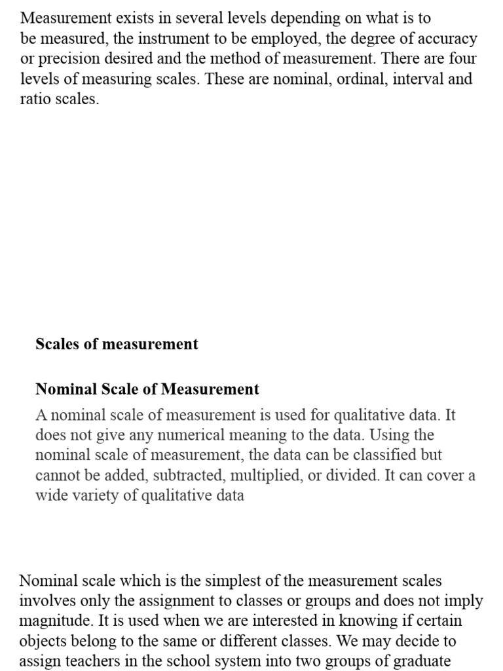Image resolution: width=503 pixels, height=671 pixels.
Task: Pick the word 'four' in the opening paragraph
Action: point(461,59)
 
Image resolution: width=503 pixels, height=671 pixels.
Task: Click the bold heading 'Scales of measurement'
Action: point(117,344)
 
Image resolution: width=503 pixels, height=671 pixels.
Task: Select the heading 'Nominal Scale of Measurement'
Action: point(147,389)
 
